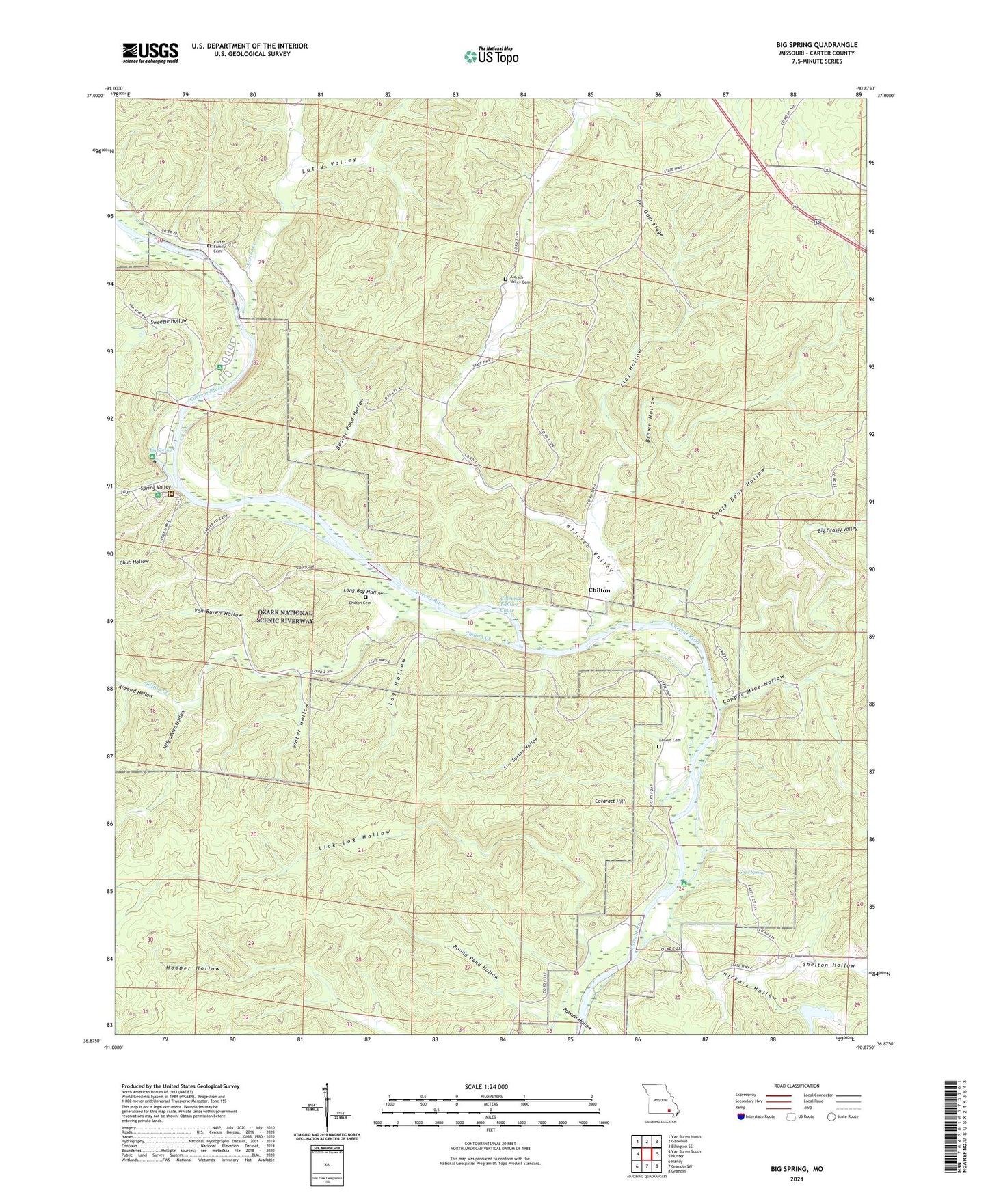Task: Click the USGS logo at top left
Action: (150, 52)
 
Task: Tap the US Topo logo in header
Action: (490, 56)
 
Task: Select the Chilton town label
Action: (599, 590)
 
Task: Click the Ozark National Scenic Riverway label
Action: (284, 617)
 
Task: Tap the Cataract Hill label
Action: (610, 801)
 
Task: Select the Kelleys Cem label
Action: (669, 740)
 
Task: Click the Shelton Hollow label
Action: (828, 965)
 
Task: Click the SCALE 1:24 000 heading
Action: (489, 1086)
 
